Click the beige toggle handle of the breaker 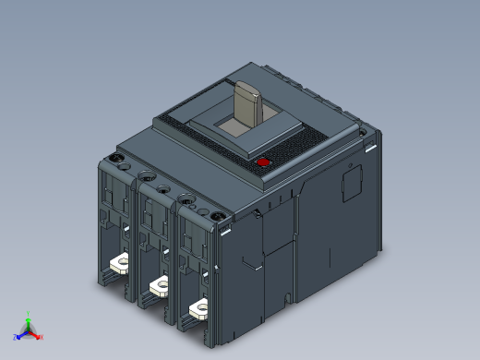248,103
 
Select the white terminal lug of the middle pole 158,283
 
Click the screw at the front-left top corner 117,159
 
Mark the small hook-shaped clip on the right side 250,262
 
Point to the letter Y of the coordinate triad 29,312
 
